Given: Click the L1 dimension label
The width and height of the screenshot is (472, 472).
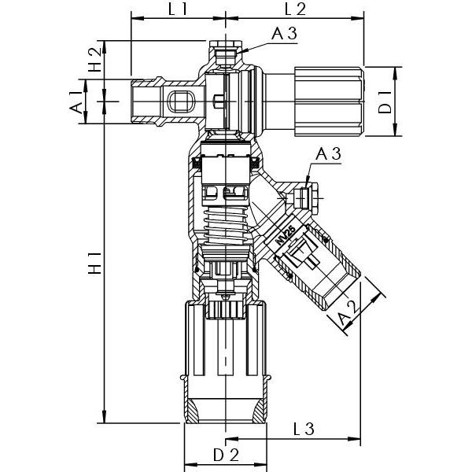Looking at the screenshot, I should click(x=177, y=10).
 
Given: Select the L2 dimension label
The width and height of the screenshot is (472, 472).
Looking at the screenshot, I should click(x=294, y=10).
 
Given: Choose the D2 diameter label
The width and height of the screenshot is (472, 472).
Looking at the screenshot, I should click(x=225, y=455).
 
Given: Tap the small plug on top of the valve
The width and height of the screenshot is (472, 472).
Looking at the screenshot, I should click(x=226, y=53).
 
